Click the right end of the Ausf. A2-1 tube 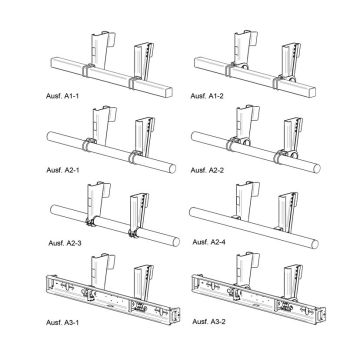[x=173, y=163]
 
